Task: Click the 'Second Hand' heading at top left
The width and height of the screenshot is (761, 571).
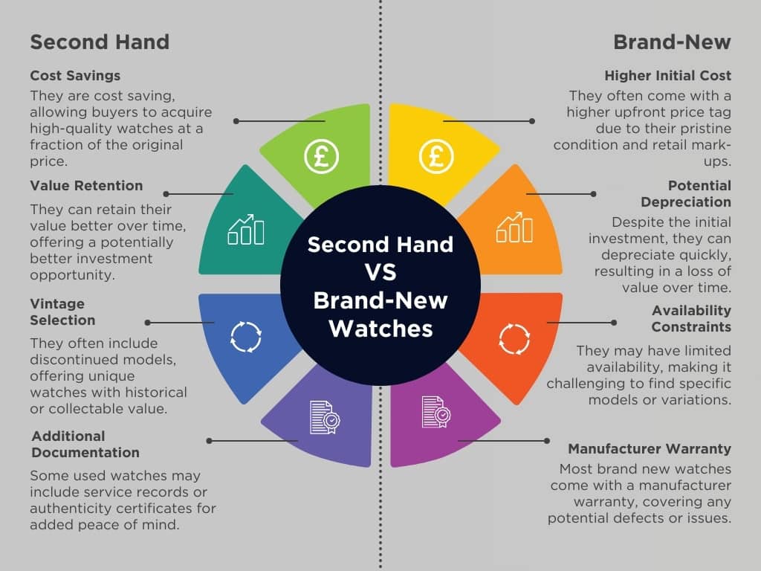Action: tap(100, 42)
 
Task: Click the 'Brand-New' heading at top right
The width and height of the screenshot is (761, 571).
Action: tap(672, 42)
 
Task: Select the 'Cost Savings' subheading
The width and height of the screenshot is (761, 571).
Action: tap(75, 76)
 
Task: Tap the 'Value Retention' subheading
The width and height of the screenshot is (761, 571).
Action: tap(86, 186)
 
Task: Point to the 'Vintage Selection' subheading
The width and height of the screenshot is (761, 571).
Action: tap(62, 312)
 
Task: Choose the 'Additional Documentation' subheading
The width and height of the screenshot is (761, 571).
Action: tap(85, 444)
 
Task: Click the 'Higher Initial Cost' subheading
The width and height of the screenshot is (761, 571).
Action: tap(667, 76)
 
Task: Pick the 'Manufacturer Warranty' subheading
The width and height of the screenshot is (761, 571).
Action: tap(650, 449)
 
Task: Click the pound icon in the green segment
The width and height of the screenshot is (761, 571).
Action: tap(322, 156)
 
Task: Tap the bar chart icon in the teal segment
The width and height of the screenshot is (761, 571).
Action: tap(246, 230)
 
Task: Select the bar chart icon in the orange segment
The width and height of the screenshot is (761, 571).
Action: tap(514, 228)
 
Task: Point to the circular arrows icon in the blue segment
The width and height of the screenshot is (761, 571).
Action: tap(246, 336)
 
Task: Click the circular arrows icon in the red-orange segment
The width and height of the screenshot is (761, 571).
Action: tap(514, 338)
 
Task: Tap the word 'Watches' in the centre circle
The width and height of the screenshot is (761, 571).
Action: tap(380, 327)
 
